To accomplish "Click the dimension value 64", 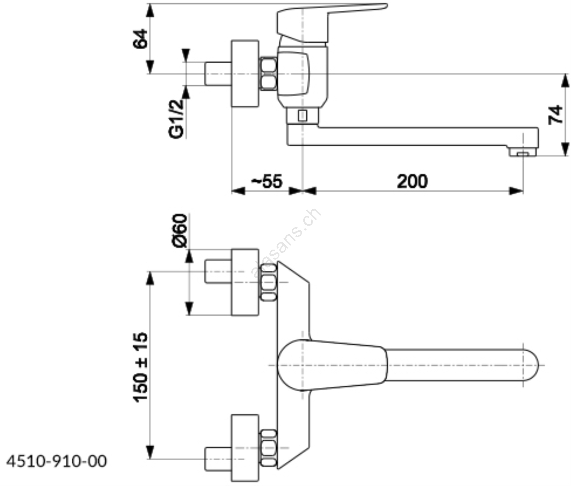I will tap(140, 39).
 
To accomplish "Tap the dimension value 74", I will tap(555, 115).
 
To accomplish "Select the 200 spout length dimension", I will tap(412, 181).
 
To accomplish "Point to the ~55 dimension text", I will tap(267, 181).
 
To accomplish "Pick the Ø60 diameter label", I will tap(180, 230).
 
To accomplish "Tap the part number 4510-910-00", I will tap(57, 461).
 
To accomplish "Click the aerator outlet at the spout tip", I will tap(523, 153).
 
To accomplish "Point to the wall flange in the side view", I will tap(245, 74).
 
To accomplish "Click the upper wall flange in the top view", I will tap(245, 282).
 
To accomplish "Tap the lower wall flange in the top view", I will tap(245, 448).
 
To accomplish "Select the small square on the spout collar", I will tap(302, 116).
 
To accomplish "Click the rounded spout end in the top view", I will tap(528, 365).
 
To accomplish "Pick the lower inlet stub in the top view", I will tap(218, 459).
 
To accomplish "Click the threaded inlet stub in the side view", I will tap(218, 74).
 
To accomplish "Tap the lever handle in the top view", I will tap(332, 365).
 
